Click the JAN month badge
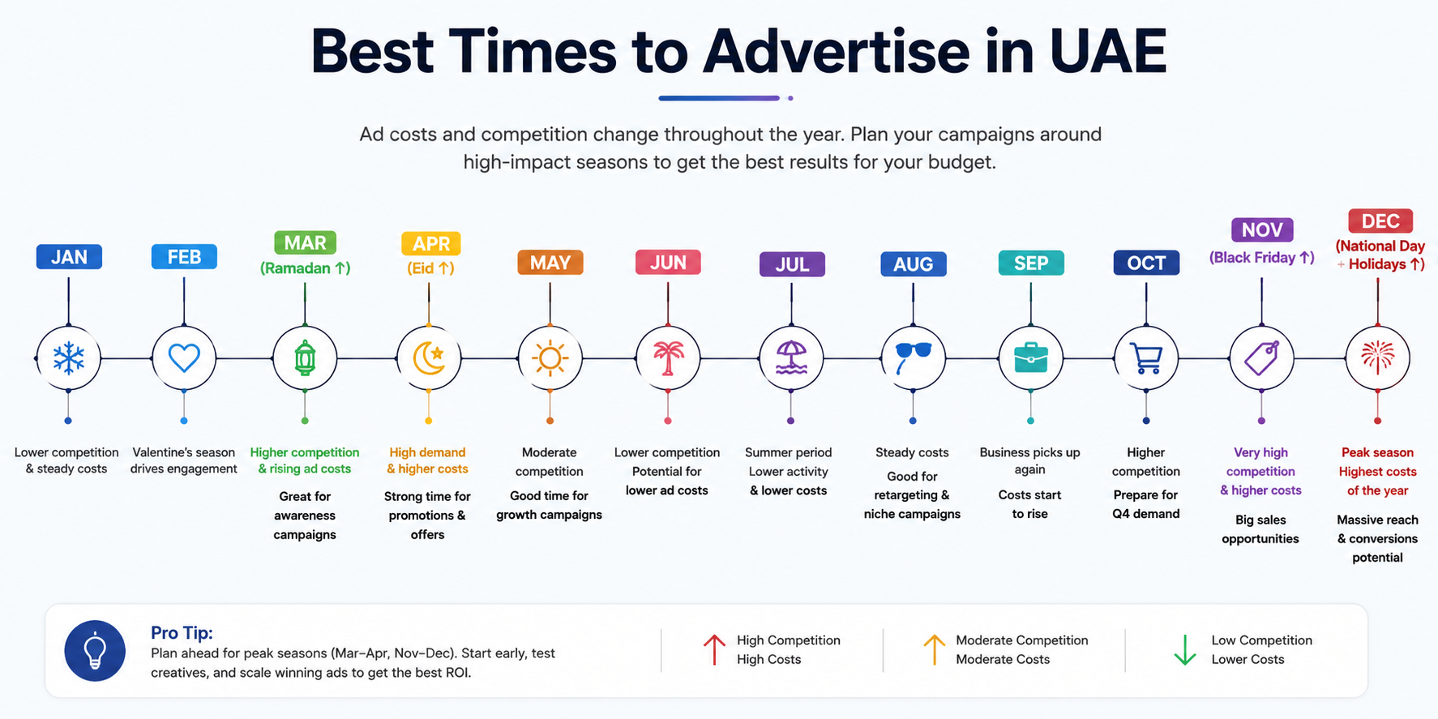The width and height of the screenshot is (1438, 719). click(69, 257)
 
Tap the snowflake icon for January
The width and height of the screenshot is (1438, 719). click(69, 357)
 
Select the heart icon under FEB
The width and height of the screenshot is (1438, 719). click(184, 357)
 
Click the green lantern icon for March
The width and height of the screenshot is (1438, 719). click(305, 357)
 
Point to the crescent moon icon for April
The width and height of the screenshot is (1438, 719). click(429, 357)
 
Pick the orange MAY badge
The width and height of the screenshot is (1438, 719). click(550, 263)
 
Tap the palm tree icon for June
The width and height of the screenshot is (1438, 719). click(668, 357)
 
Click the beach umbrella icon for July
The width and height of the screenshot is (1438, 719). click(791, 357)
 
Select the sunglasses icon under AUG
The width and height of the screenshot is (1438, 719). click(913, 357)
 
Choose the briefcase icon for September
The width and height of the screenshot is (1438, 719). click(1031, 357)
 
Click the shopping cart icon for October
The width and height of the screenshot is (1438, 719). click(1146, 358)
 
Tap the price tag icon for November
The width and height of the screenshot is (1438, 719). click(1261, 357)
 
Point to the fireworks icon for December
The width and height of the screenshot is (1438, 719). click(1378, 357)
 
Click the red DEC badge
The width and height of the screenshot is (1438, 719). click(1380, 221)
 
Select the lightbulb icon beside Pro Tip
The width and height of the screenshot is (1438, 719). click(96, 650)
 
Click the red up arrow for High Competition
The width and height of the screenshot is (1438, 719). click(714, 649)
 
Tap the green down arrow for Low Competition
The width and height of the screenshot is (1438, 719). click(1185, 650)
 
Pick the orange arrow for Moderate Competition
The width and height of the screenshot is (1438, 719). click(935, 649)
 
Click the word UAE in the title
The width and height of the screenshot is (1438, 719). click(1108, 52)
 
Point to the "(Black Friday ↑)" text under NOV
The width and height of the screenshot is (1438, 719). click(1261, 258)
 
